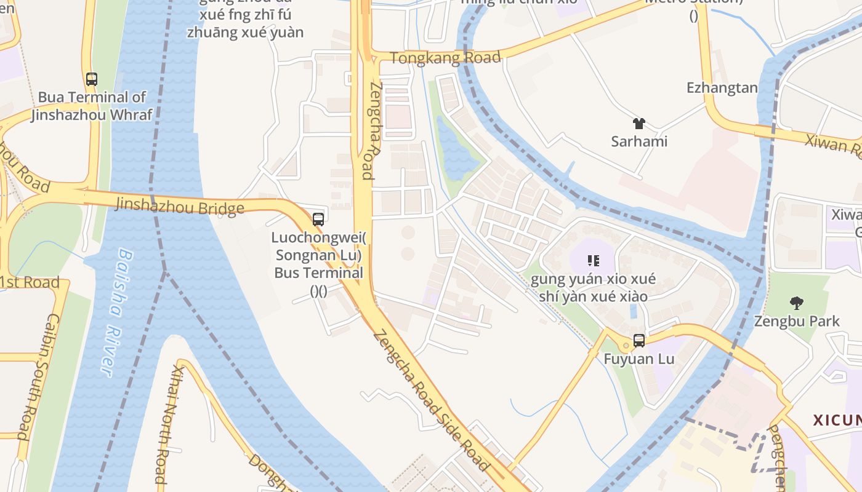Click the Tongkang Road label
coord(446,58)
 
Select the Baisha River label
coord(116,312)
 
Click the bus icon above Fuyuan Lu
coord(639,341)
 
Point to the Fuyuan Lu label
coord(639,359)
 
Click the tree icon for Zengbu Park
coord(797,303)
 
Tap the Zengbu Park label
coord(797,321)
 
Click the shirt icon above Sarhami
coord(638,124)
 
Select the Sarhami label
coord(639,141)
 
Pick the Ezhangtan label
coord(722,88)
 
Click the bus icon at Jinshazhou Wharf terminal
coord(92,79)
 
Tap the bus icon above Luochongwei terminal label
coord(318,219)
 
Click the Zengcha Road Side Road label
coord(431,400)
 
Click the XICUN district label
coord(837,420)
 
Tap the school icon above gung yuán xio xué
coord(594,261)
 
